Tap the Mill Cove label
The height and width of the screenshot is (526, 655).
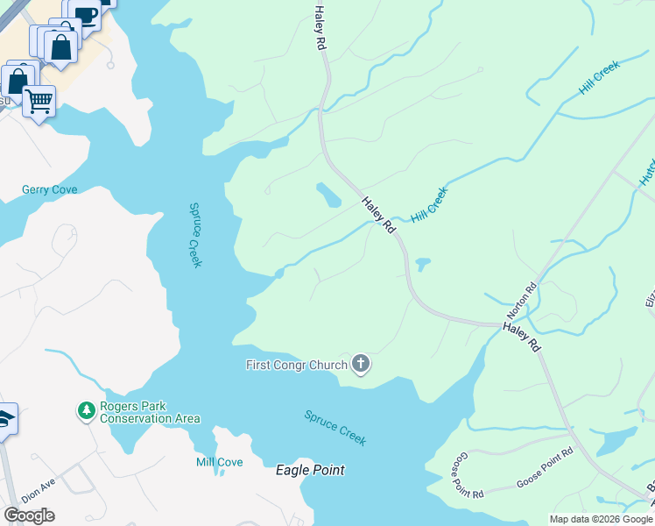coord(219,462)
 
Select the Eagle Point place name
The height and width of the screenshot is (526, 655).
coord(310,471)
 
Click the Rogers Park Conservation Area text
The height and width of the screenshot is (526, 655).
coord(150,413)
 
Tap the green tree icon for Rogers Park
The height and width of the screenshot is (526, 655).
coord(86,410)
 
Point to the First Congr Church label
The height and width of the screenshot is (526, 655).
coord(296,364)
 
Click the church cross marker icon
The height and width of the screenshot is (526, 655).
coord(360,365)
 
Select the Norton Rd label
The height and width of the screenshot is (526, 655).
coord(520,302)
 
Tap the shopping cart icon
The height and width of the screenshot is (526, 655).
coord(39,101)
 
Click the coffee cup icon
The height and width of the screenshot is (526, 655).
coord(86,15)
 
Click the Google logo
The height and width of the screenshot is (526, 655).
coord(29,515)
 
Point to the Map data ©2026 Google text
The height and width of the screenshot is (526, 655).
coord(601,519)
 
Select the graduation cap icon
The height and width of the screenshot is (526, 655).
coord(4,419)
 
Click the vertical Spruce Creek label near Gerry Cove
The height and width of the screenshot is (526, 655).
coord(196,235)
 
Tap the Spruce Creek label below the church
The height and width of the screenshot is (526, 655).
coord(335,428)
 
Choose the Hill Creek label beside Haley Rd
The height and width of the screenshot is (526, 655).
coord(429,203)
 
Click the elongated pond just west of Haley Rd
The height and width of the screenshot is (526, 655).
coord(329,195)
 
